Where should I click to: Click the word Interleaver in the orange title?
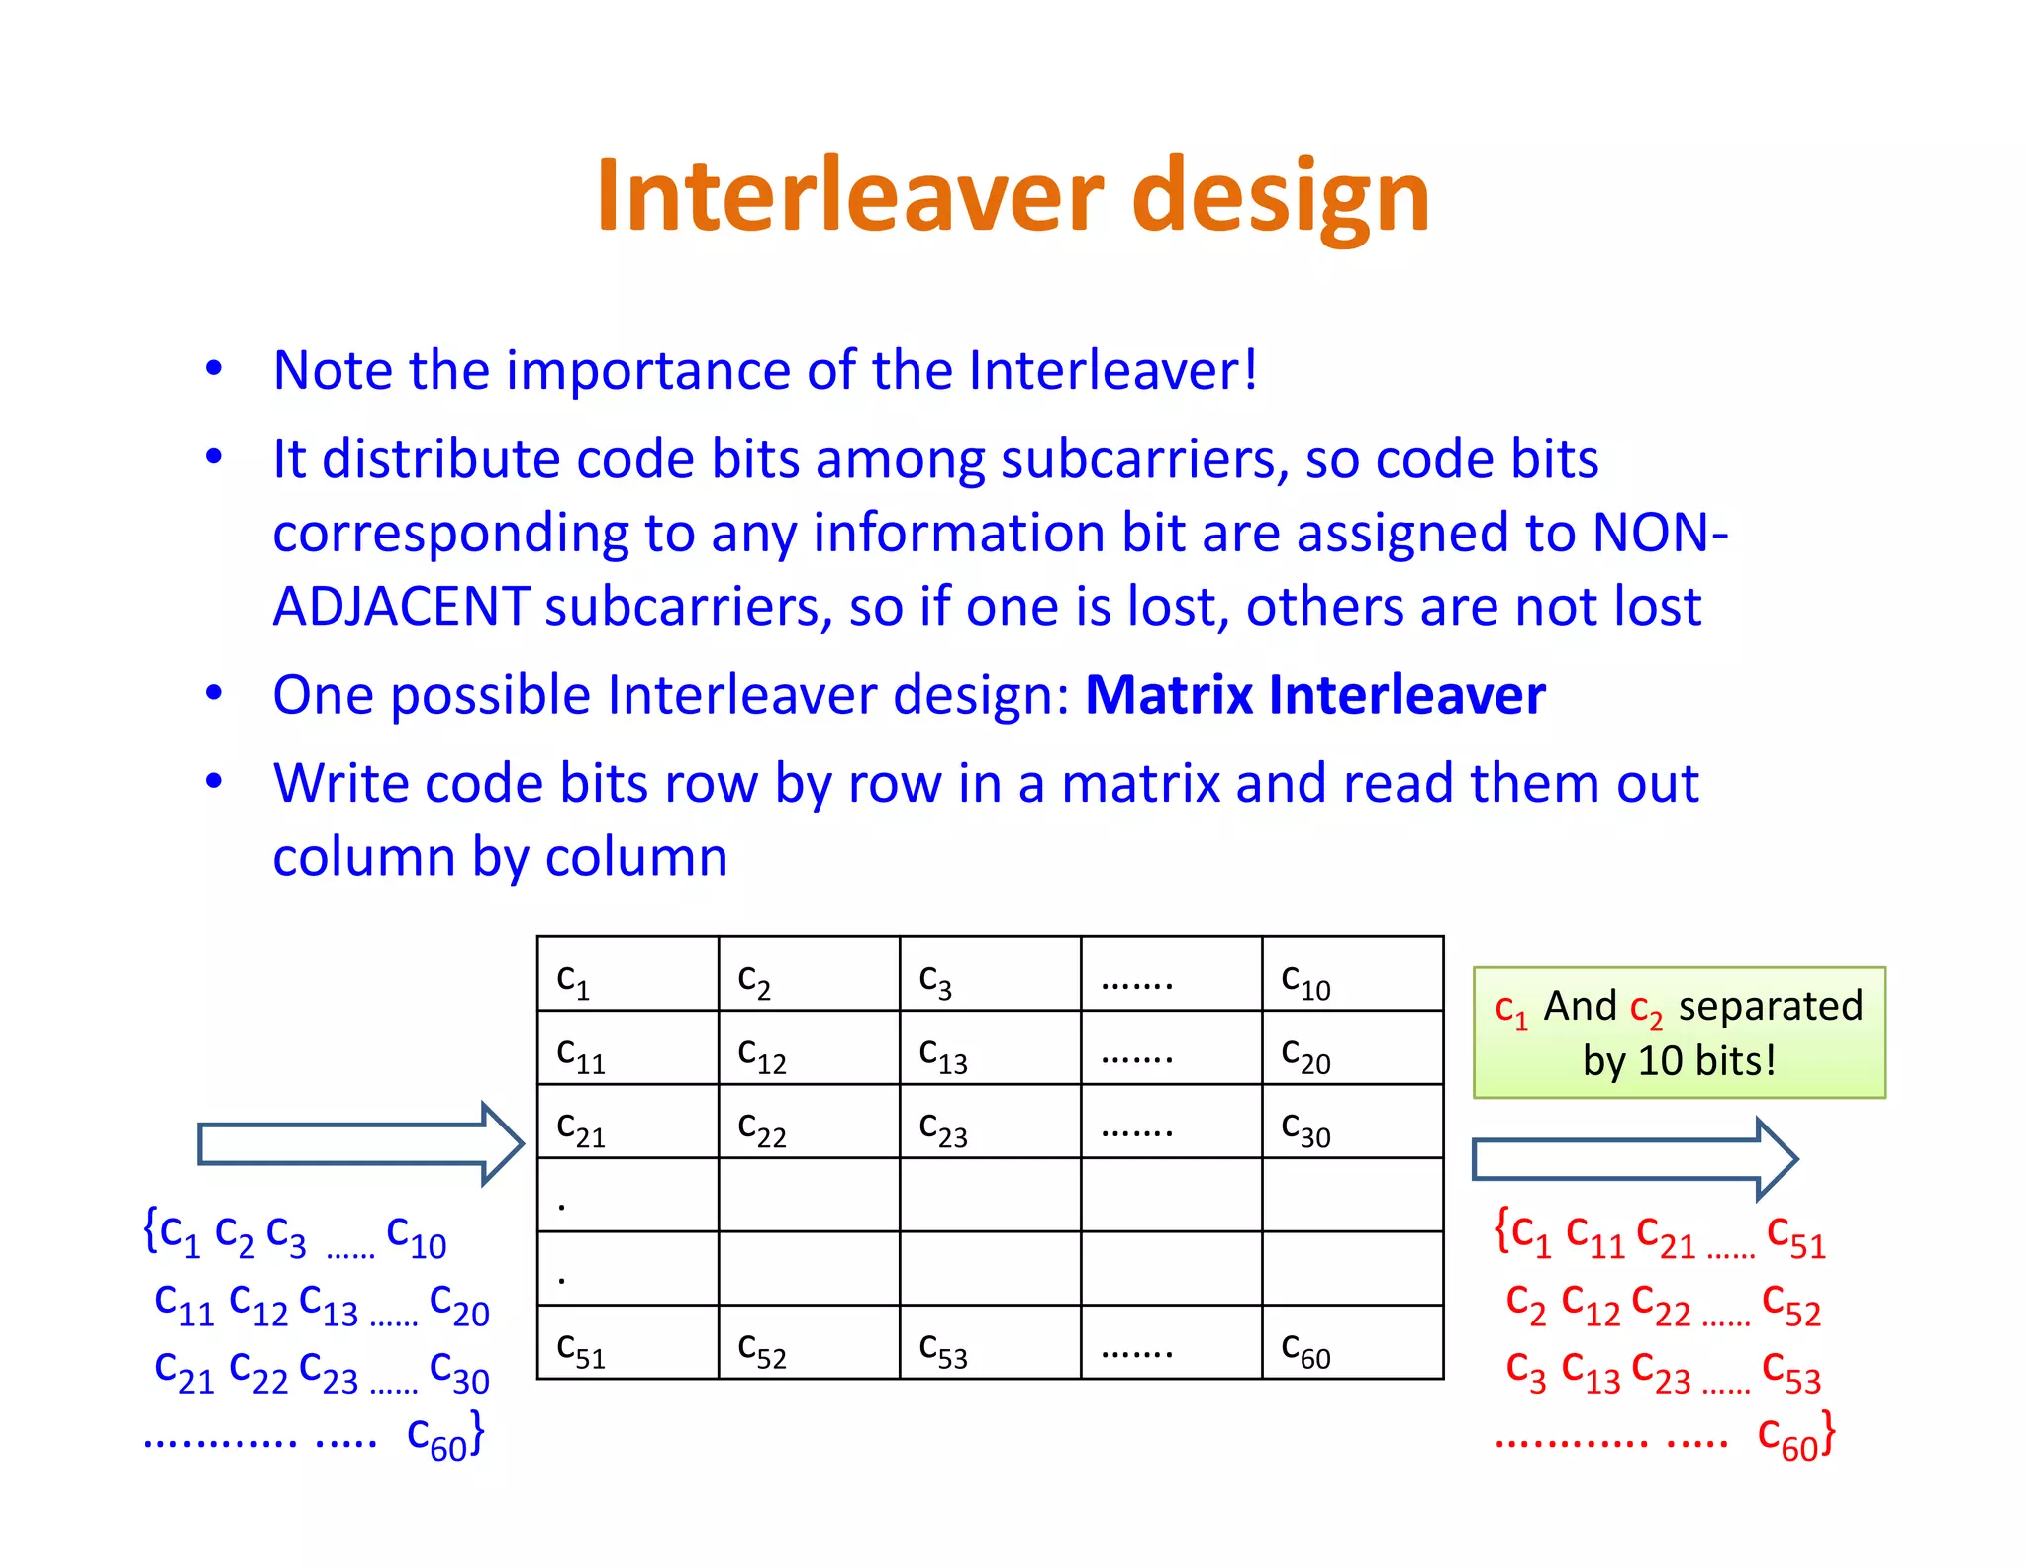pos(849,196)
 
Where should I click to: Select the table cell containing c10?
pos(1352,975)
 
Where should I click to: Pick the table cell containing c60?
pos(1352,1343)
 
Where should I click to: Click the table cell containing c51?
pos(627,1343)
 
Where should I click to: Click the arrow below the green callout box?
pos(1633,1159)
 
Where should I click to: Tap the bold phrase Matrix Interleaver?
pos(1314,695)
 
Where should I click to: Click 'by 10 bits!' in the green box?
pos(1679,1061)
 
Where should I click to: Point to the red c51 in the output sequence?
pos(1795,1237)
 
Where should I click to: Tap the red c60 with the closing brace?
pos(1795,1435)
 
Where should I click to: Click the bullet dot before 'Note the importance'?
pos(214,369)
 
